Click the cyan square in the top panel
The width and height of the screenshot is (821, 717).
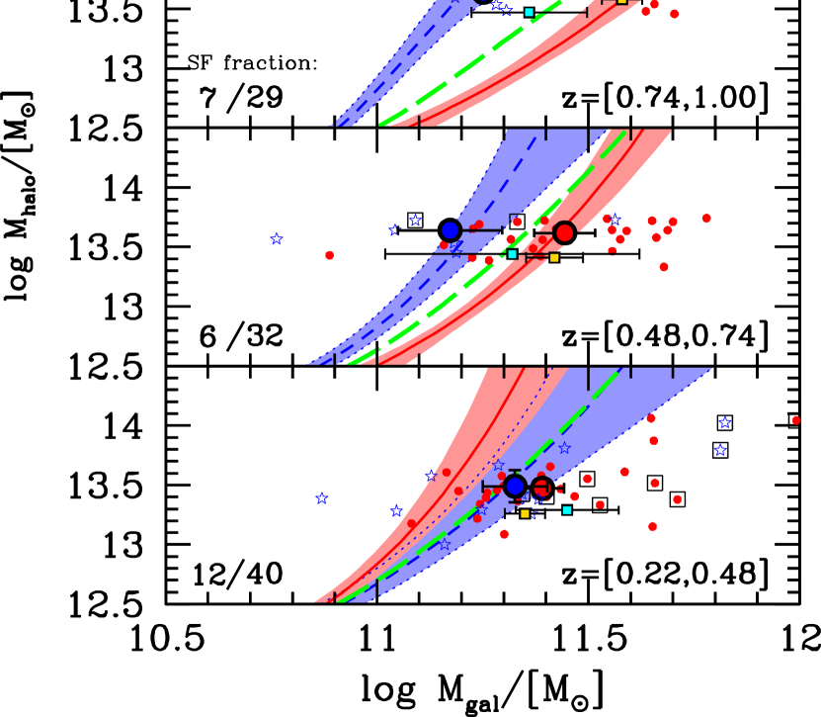529,12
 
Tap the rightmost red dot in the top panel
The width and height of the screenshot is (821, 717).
675,14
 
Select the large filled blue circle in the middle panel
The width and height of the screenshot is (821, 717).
451,230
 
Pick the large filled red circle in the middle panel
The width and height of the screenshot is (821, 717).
564,232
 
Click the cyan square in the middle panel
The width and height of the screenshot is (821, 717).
513,254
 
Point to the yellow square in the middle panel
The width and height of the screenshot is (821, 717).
554,258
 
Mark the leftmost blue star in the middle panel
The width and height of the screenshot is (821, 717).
277,238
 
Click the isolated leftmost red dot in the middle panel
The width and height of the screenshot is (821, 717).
329,255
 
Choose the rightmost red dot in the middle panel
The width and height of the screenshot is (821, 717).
706,218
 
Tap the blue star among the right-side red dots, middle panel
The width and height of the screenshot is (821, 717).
616,220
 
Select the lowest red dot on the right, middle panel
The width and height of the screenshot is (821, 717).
664,267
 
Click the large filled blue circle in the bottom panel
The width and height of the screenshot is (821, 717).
515,486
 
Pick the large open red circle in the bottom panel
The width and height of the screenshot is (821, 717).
541,487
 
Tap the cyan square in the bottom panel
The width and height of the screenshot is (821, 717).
567,510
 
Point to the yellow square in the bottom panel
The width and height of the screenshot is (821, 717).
525,514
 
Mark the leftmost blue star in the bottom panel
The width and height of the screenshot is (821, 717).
321,498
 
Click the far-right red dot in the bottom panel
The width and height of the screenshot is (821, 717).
796,420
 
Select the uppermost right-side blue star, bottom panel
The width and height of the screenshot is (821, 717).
725,422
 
